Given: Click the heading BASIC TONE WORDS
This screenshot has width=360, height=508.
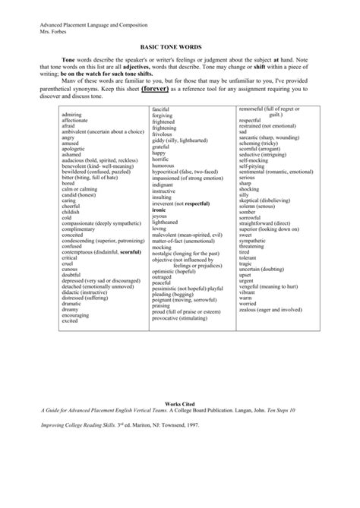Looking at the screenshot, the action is pos(179,46).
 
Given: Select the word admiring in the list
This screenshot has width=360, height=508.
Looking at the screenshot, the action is pos(72,114).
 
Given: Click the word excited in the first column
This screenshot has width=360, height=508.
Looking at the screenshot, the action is pos(71,320).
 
